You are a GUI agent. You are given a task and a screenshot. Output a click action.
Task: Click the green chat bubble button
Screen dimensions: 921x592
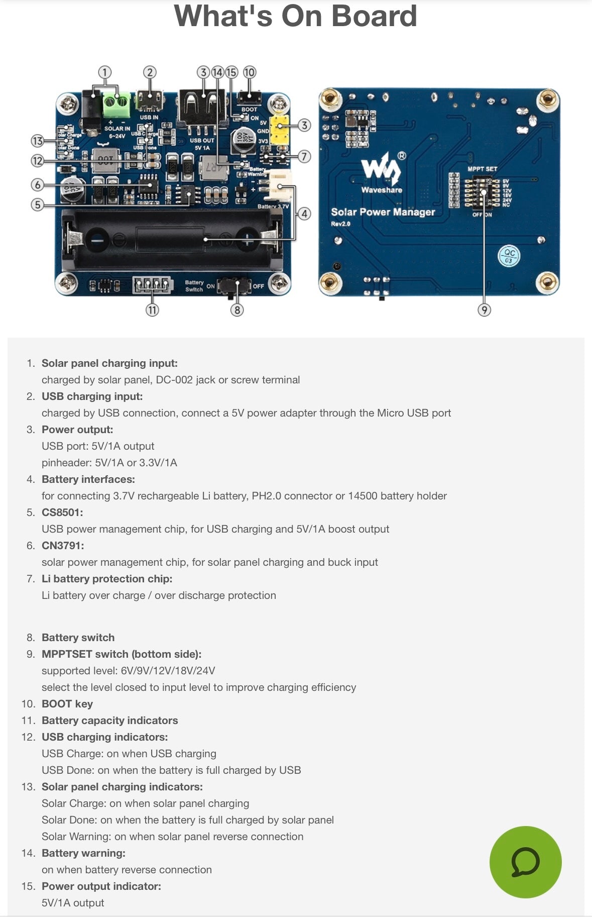[525, 862]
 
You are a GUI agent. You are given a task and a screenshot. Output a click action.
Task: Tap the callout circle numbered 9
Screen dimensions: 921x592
[484, 310]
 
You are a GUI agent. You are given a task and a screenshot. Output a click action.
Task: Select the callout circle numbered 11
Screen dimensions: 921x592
[152, 310]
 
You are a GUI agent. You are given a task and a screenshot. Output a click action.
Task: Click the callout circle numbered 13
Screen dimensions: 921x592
[37, 141]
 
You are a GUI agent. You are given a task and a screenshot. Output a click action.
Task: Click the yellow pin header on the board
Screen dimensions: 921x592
[280, 129]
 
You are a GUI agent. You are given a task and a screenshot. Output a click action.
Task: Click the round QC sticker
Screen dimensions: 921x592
[509, 256]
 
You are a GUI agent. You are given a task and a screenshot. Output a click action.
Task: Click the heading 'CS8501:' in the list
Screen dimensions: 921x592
[62, 513]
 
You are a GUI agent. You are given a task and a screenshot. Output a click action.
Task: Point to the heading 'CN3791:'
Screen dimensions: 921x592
[63, 546]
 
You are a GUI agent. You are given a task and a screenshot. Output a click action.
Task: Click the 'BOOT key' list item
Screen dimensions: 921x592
[67, 704]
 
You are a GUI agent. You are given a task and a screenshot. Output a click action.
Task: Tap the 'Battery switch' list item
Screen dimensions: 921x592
[78, 638]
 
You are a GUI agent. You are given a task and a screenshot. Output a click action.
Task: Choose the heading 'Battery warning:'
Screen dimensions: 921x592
[83, 853]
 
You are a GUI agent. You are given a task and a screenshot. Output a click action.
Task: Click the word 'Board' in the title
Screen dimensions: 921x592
[375, 16]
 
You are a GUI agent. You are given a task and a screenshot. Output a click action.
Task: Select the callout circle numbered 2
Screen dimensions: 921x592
[150, 72]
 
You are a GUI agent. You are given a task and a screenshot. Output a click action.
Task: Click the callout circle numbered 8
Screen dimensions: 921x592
[237, 310]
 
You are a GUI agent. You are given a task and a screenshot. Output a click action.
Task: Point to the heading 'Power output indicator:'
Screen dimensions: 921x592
[101, 886]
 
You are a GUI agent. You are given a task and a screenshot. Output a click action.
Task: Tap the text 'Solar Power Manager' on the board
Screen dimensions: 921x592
[383, 212]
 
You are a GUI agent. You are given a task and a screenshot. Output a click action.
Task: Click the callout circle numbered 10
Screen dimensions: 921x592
[249, 72]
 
